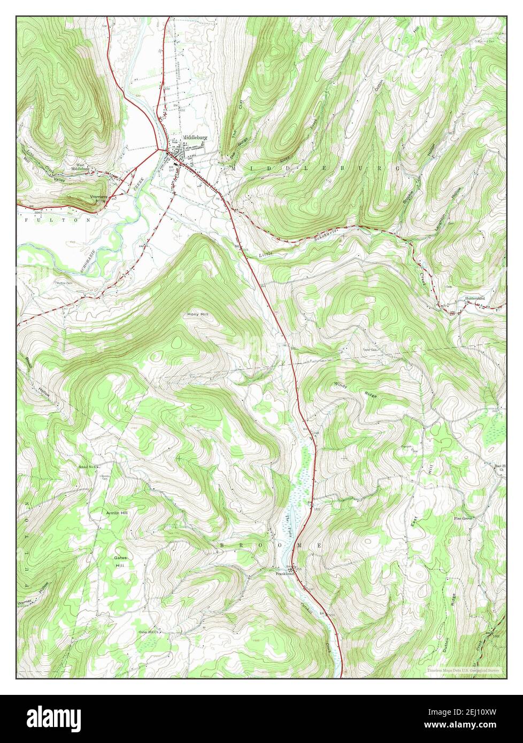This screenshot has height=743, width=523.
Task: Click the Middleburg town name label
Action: (x=194, y=137)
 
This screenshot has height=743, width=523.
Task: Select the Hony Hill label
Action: (x=198, y=314)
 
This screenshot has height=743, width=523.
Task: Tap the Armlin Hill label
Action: (x=117, y=513)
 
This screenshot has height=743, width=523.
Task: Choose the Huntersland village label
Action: (x=474, y=298)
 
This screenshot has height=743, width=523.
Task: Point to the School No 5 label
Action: (x=87, y=467)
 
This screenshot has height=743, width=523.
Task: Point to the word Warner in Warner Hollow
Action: (x=26, y=603)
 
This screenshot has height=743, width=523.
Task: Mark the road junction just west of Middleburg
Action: (x=159, y=149)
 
